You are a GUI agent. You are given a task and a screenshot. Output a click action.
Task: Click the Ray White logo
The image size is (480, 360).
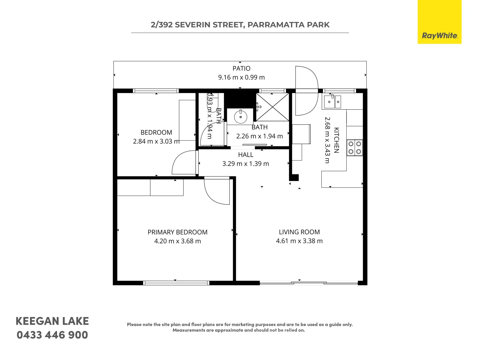(x=439, y=22)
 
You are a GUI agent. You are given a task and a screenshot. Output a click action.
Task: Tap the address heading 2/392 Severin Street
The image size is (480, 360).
(x=240, y=25)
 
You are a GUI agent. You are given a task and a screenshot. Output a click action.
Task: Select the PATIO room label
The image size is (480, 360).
(x=241, y=68)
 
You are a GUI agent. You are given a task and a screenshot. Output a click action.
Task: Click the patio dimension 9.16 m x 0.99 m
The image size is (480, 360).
(x=241, y=77)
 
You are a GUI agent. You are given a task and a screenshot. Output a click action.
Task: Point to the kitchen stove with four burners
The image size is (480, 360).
(x=355, y=148)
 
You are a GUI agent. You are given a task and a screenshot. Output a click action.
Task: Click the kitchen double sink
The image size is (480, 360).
(x=332, y=102)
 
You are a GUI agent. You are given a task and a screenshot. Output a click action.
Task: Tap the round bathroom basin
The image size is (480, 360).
(x=240, y=117)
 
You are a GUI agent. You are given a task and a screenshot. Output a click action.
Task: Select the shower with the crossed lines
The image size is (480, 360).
(x=272, y=107)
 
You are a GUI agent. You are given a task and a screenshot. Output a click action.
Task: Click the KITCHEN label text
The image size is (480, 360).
(x=336, y=140)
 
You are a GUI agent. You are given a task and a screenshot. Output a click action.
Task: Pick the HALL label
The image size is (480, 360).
(x=246, y=155)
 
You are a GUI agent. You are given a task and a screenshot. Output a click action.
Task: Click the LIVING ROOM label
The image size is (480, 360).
(x=299, y=232)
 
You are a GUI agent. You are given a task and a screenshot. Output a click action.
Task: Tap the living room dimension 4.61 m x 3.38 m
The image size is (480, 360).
(x=299, y=241)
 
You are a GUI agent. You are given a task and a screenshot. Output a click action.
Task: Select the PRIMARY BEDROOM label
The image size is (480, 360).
(x=177, y=232)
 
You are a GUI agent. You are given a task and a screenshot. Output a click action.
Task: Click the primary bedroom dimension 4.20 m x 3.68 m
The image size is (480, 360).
(x=177, y=241)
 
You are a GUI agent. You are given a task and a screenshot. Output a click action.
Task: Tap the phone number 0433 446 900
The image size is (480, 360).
(x=52, y=335)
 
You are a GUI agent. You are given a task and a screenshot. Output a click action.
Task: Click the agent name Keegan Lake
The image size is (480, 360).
(x=52, y=321)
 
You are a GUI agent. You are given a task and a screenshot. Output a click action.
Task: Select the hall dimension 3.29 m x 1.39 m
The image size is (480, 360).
(x=246, y=164)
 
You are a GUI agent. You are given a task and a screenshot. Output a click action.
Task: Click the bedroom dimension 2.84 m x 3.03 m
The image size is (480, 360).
(x=156, y=141)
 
